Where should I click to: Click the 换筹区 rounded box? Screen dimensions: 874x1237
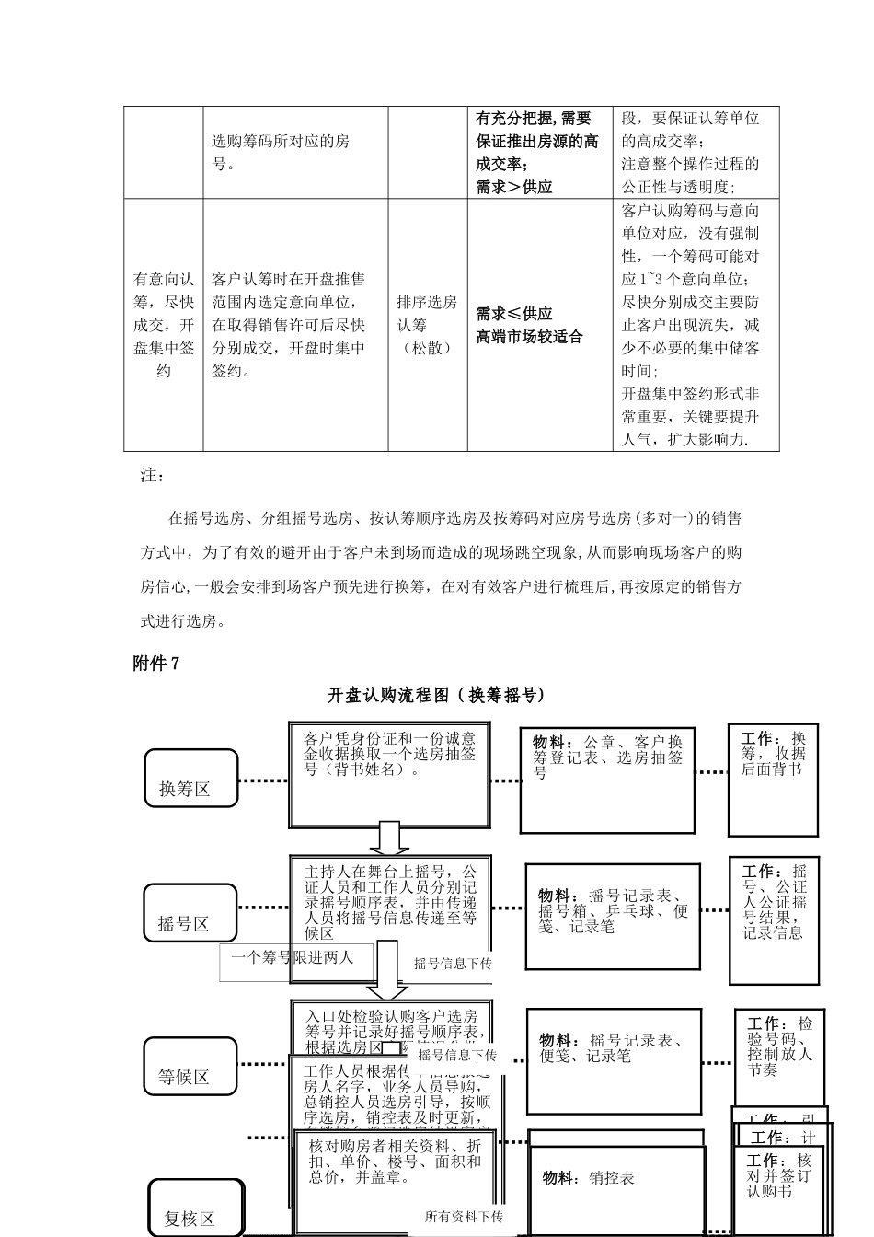[190, 779]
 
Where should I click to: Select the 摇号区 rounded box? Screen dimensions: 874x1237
[190, 913]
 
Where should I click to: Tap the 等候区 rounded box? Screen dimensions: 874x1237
[190, 1066]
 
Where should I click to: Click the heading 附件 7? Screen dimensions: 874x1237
[156, 663]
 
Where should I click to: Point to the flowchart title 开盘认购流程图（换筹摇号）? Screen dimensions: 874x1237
[436, 695]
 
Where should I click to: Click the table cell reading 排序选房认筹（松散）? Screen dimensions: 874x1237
[427, 325]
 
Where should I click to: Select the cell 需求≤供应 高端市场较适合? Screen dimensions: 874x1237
[539, 325]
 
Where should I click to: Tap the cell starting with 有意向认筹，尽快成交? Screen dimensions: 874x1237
[164, 325]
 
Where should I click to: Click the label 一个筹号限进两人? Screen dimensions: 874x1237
[293, 958]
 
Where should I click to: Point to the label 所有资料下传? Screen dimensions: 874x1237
[464, 1217]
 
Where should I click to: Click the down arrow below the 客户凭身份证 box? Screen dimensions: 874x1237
[388, 837]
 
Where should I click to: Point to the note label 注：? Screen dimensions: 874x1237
[153, 475]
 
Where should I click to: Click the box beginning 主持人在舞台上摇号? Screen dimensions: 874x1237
[390, 900]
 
